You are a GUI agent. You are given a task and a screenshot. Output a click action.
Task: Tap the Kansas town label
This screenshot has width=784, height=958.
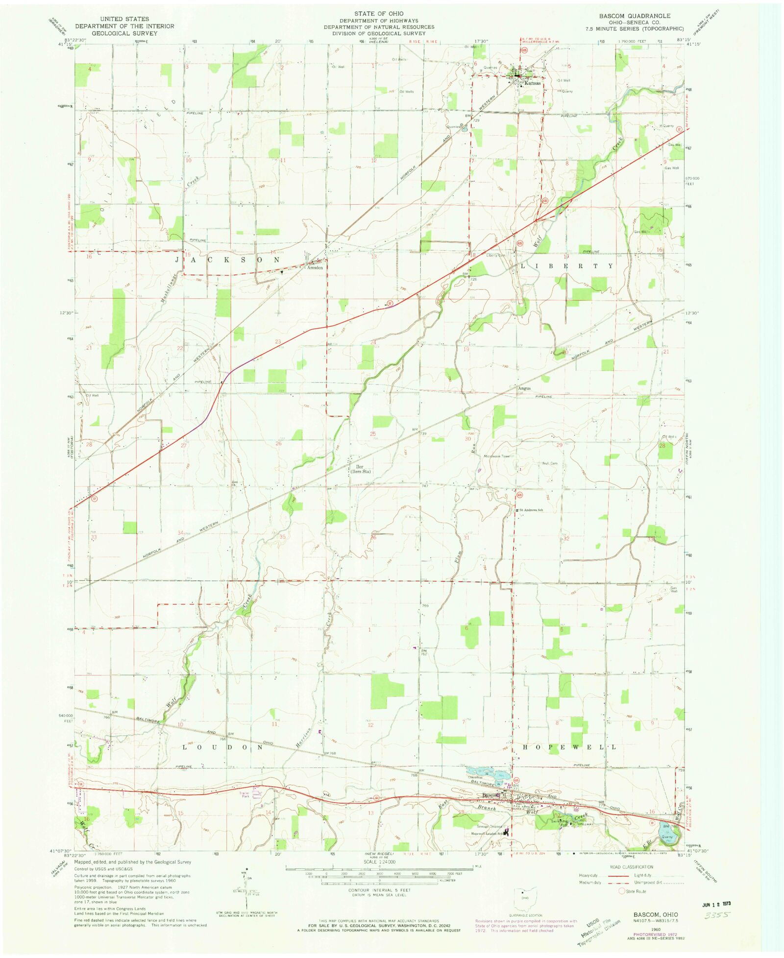[x=532, y=83]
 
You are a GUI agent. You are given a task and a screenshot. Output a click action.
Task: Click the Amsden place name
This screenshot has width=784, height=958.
[x=315, y=268]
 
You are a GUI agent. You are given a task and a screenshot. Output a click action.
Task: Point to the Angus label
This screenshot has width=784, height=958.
[x=524, y=388]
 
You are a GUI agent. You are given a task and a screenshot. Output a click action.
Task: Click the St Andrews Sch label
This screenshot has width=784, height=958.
[x=531, y=510]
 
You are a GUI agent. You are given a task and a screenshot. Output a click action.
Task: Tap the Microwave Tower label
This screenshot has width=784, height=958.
[x=497, y=456]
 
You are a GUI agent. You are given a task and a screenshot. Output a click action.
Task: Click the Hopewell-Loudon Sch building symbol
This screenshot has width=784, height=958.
[x=506, y=832]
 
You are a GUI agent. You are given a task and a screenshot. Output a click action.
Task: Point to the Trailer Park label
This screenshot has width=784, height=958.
[x=245, y=795]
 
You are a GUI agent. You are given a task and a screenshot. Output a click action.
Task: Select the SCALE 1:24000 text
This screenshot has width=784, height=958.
[x=379, y=862]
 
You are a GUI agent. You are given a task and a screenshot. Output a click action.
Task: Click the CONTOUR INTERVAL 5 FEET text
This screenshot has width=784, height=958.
[x=380, y=890]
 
